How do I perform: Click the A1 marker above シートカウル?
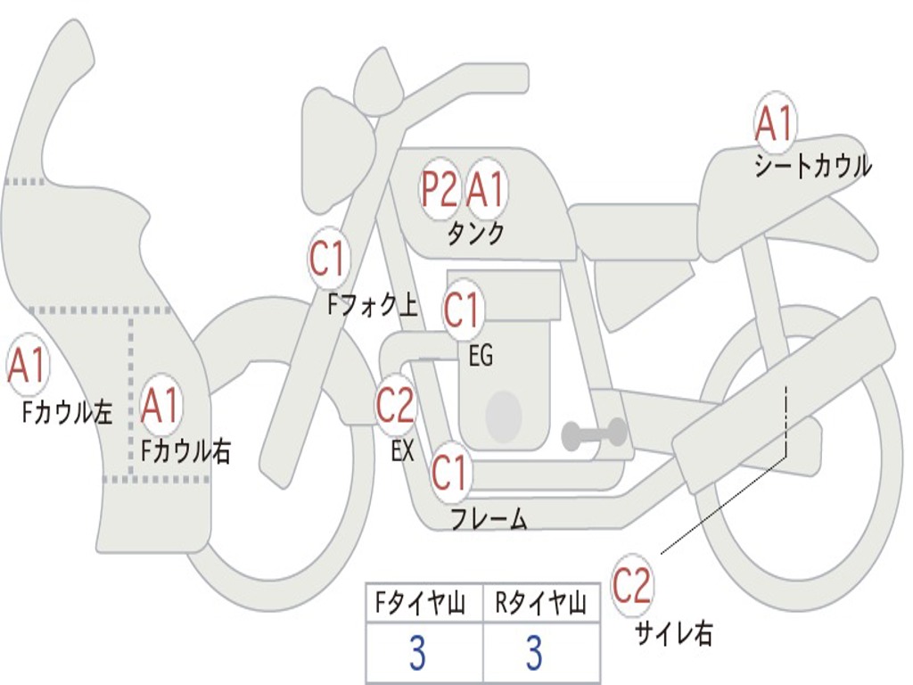(774, 124)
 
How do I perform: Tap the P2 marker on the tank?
(439, 189)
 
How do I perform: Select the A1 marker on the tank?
(486, 189)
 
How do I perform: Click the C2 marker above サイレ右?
(632, 586)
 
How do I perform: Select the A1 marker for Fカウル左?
(27, 367)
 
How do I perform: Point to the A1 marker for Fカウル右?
(160, 406)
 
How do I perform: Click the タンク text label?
(475, 234)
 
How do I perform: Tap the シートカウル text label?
(812, 167)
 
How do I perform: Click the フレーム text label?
(489, 519)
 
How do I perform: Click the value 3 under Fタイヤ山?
(417, 654)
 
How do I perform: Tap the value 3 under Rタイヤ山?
(534, 654)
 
